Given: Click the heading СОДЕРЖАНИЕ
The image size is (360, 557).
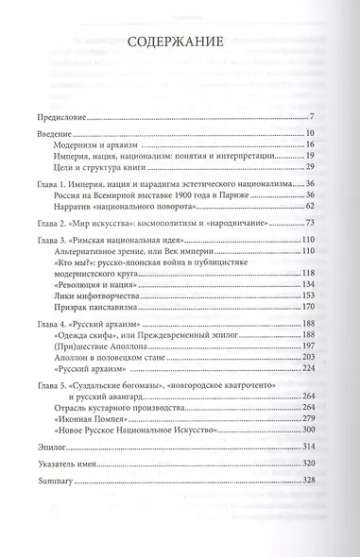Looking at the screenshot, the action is coord(180,42).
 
